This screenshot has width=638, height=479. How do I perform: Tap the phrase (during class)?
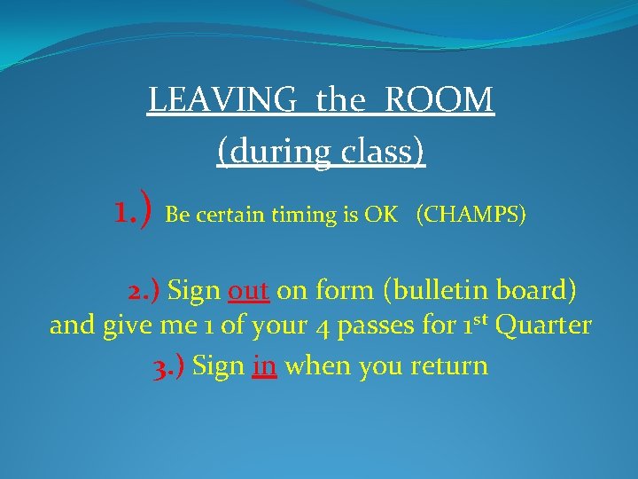[x=321, y=152]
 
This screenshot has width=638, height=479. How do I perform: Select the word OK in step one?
[x=380, y=216]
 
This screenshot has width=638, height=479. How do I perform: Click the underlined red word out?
[x=248, y=290]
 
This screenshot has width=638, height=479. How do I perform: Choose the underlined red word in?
[x=264, y=365]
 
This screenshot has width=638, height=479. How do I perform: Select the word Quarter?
[x=543, y=326]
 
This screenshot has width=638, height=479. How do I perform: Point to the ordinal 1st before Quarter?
[x=474, y=325]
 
